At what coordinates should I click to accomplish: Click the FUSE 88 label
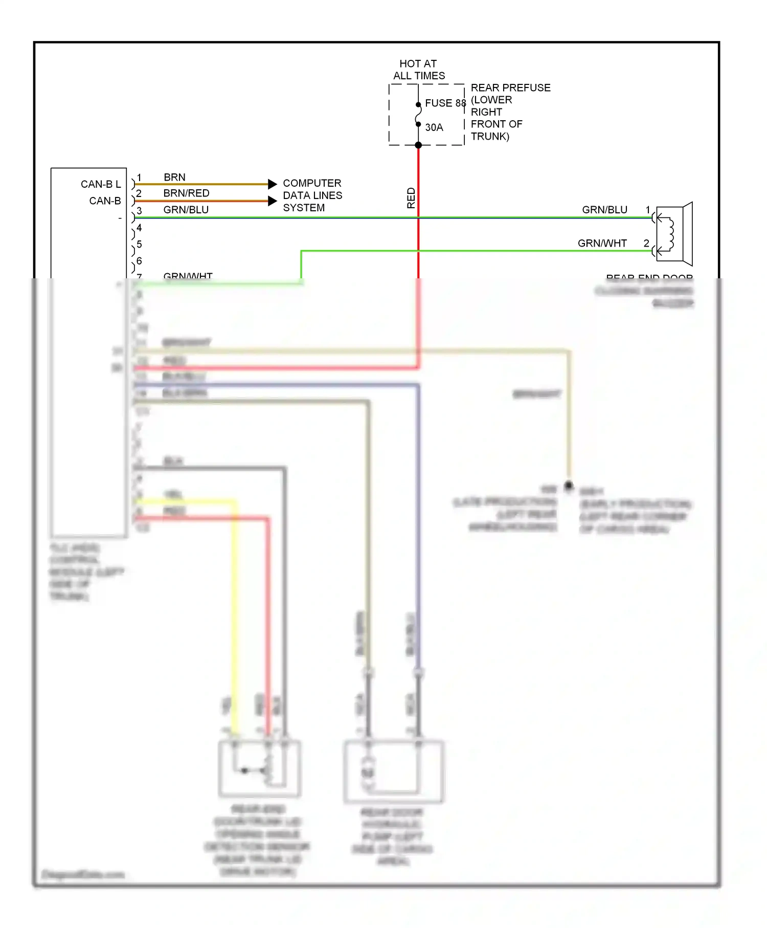[x=445, y=103]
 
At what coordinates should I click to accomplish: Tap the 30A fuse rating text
[x=434, y=127]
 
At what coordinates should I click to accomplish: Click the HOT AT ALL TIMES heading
[x=419, y=70]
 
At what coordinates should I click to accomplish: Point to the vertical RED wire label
[x=411, y=198]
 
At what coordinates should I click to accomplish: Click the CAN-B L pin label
[x=101, y=184]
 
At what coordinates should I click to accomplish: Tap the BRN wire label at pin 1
[x=174, y=177]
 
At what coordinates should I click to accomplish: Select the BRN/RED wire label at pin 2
[x=186, y=193]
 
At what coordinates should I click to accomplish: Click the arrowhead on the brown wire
[x=273, y=184]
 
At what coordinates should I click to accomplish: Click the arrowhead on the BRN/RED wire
[x=273, y=201]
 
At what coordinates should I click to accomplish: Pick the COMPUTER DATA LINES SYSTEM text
[x=312, y=195]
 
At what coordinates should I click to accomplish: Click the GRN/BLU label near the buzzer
[x=604, y=210]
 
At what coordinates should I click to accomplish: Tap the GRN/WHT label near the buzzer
[x=602, y=243]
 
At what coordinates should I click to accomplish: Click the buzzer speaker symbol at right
[x=675, y=234]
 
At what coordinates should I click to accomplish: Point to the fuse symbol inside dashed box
[x=418, y=115]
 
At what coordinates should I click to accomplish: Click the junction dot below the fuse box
[x=418, y=145]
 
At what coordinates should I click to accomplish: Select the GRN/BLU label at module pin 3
[x=186, y=210]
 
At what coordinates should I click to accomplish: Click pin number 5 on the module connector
[x=139, y=244]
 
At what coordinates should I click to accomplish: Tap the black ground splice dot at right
[x=569, y=484]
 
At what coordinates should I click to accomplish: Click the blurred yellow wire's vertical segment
[x=235, y=614]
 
